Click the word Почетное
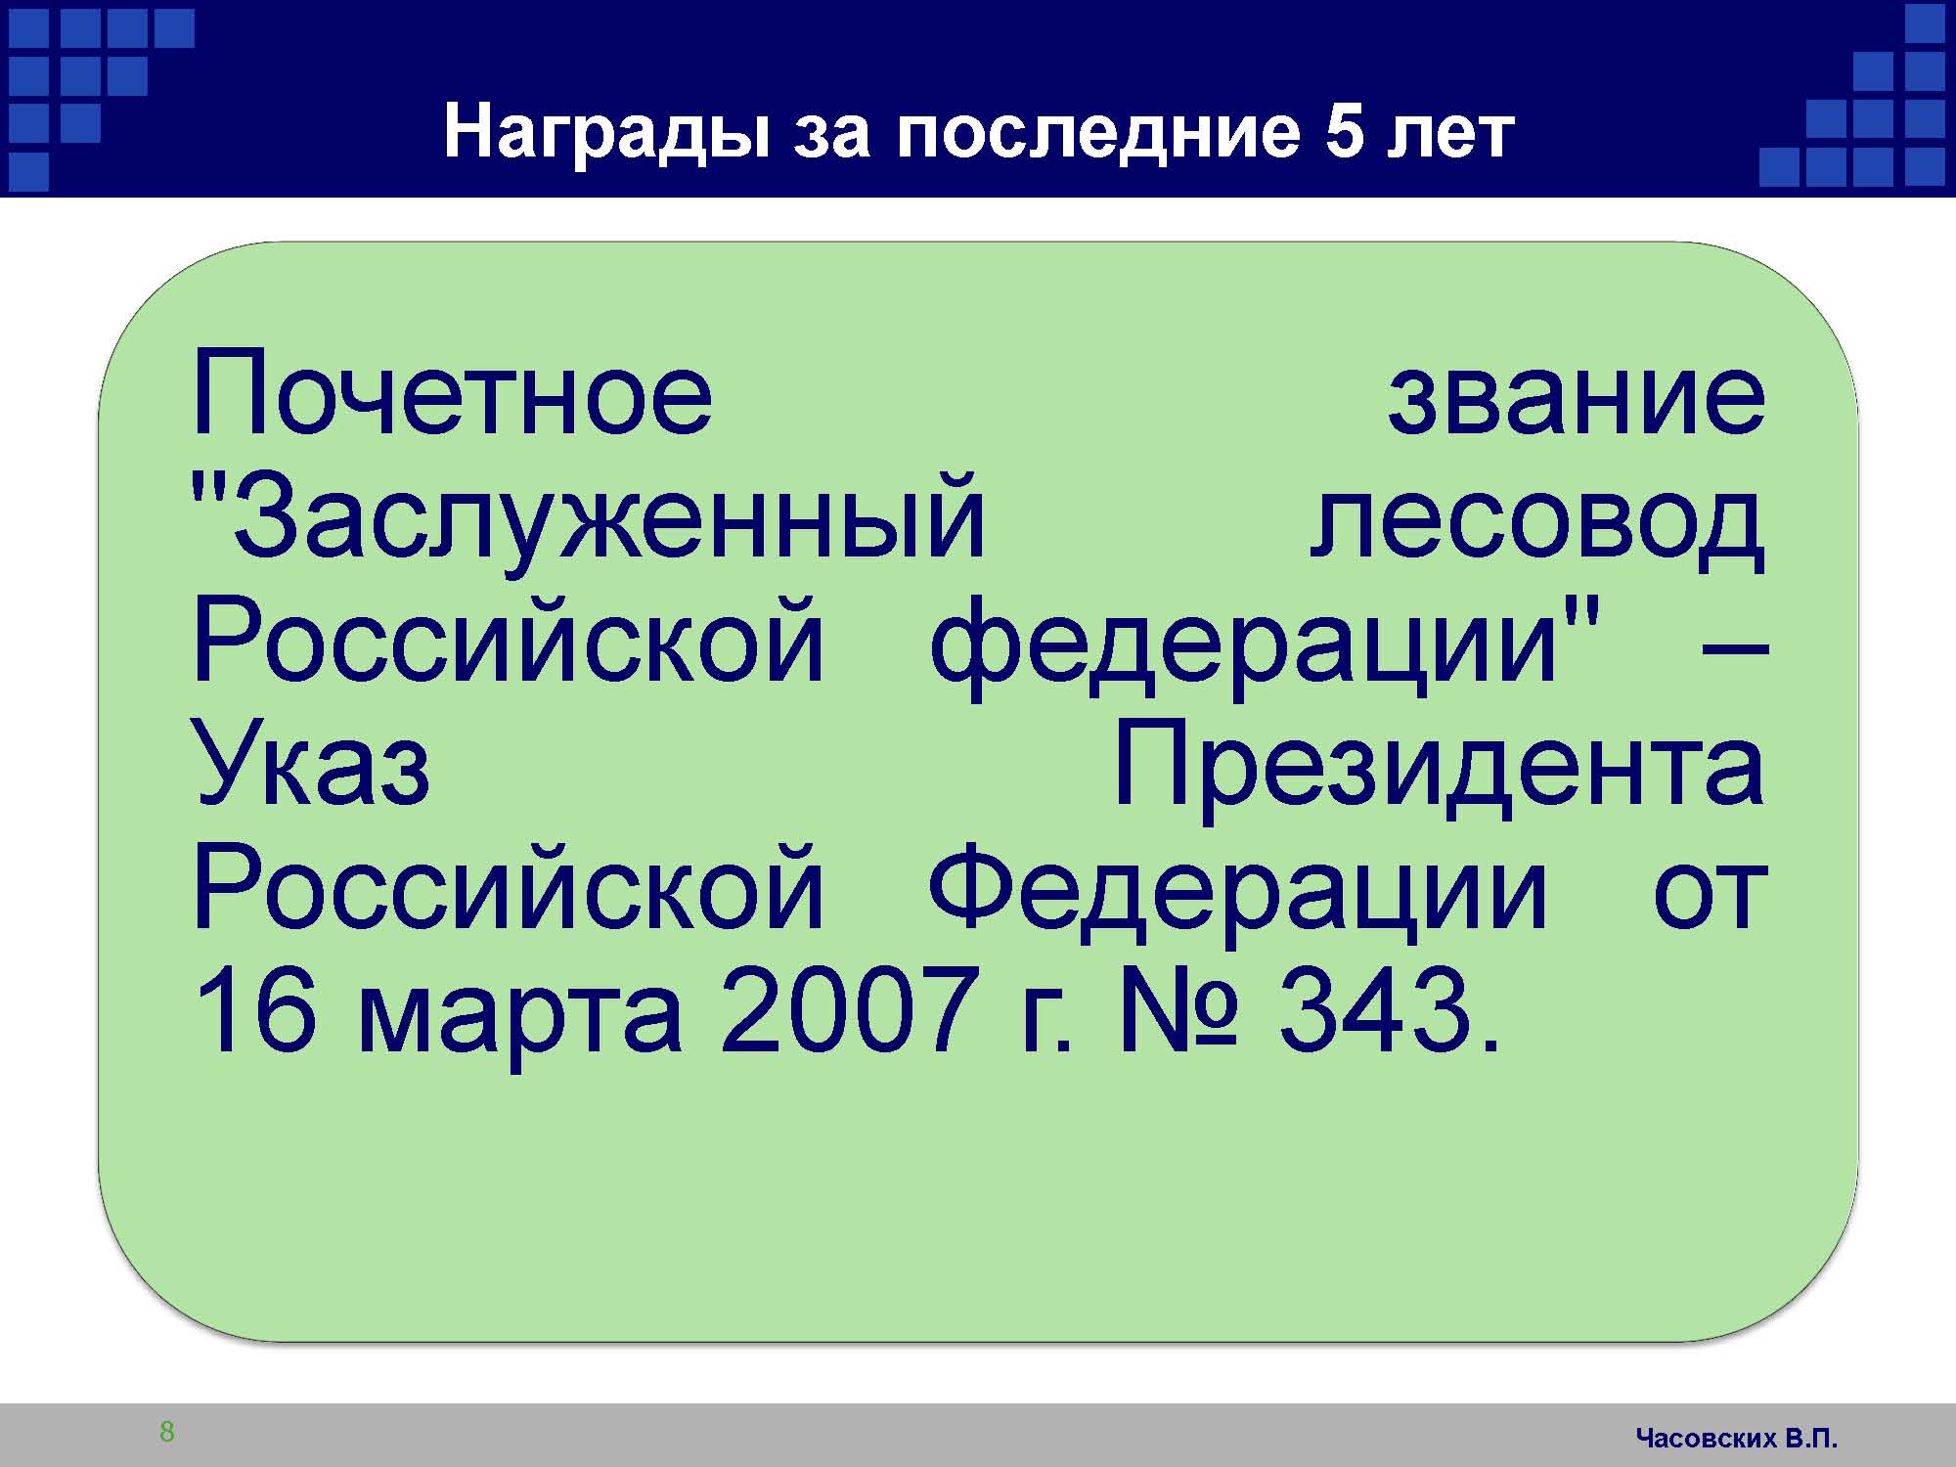point(453,393)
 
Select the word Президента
point(1440,768)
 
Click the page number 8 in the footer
point(167,1432)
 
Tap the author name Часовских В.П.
point(1737,1438)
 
